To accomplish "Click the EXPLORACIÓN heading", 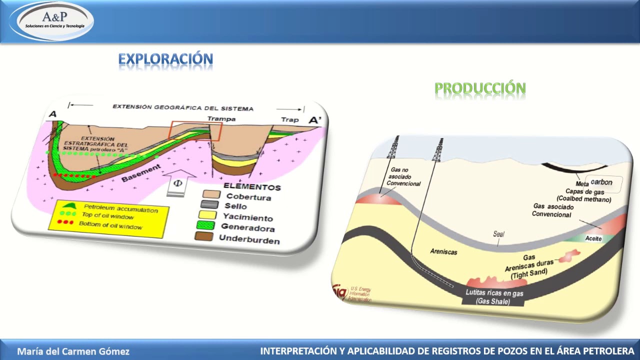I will (165, 59).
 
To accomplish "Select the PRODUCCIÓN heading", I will (480, 89).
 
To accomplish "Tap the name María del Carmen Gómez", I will (73, 351).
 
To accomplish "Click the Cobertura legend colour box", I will (211, 194).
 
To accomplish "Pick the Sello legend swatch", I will (209, 204).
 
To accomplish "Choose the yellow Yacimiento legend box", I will (208, 214).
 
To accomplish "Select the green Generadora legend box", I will (206, 225).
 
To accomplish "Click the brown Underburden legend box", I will (204, 236).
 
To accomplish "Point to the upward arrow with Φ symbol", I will (177, 183).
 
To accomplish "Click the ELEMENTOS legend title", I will (251, 186).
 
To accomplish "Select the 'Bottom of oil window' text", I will (110, 225).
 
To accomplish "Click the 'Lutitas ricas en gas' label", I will (494, 293).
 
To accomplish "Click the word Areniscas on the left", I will (443, 251).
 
